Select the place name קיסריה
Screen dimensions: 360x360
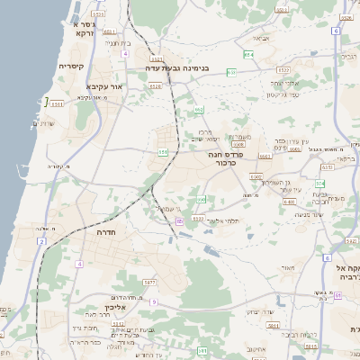71,67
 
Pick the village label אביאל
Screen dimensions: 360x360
261,38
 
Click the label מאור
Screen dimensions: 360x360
287,267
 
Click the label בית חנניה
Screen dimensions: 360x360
119,42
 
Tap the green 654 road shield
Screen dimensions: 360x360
247,57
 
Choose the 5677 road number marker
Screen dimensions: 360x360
150,283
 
